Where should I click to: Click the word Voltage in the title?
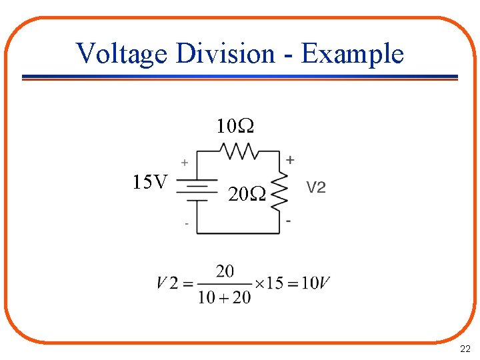coord(121,53)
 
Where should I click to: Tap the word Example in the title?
coord(352,53)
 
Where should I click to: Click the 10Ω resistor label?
coord(235,126)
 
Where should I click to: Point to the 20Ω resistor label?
coord(247,195)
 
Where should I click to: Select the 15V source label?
coord(151,181)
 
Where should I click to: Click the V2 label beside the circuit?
coord(316,188)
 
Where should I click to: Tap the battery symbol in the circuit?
coord(196,189)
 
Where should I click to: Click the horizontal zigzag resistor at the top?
coord(239,152)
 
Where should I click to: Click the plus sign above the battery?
coord(185,162)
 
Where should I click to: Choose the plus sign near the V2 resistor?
coord(290,160)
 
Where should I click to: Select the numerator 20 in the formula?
coord(225,271)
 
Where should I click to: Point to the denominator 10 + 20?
coord(224,297)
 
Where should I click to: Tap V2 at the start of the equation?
coord(167,283)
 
